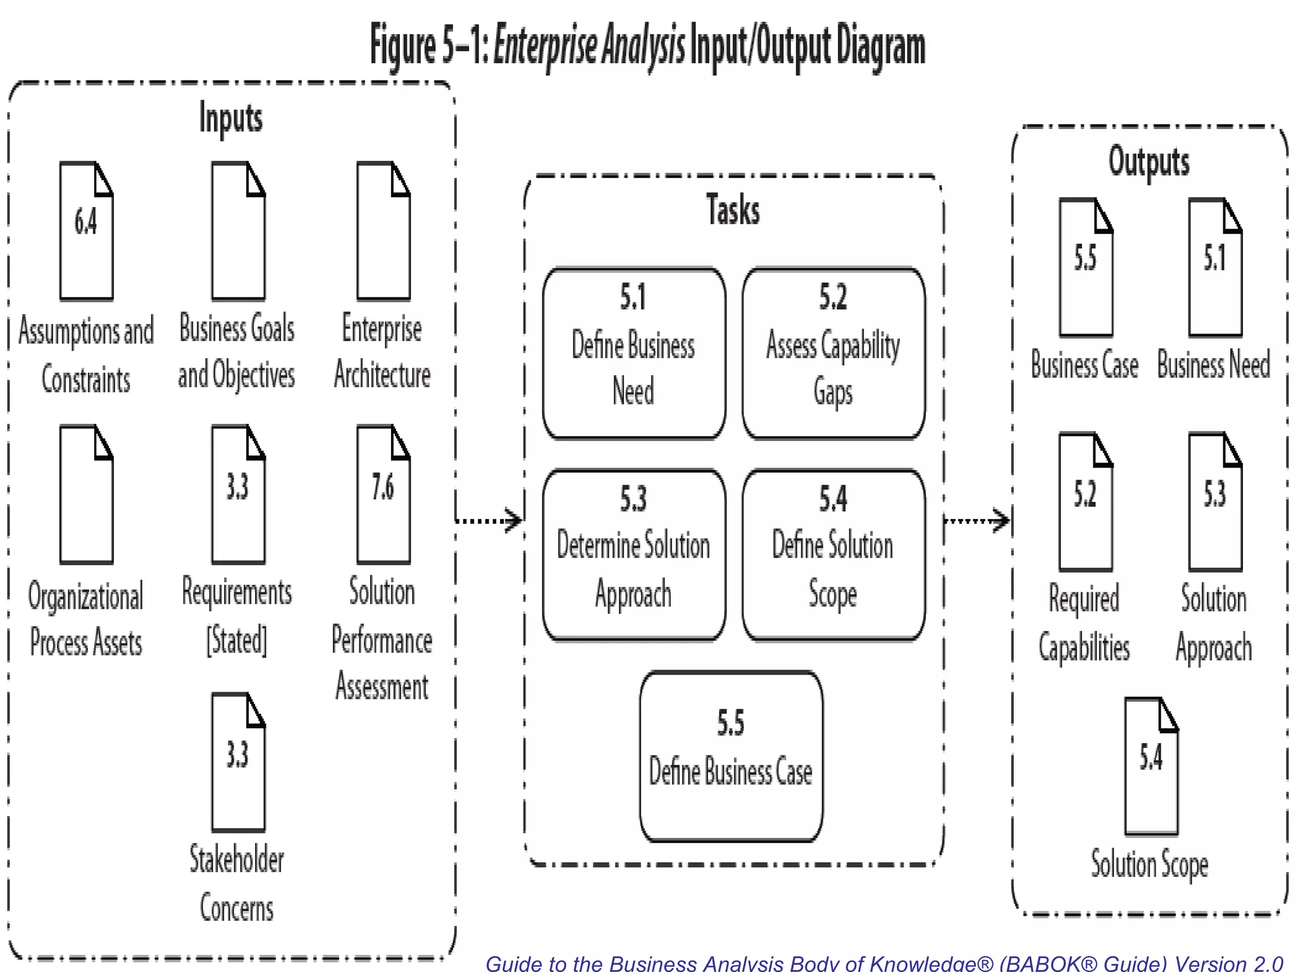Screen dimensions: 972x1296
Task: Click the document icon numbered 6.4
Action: (x=86, y=231)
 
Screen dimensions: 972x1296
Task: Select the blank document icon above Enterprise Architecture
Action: (x=383, y=231)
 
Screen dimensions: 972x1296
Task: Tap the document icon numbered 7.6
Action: (x=383, y=494)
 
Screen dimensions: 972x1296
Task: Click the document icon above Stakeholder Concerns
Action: (x=238, y=762)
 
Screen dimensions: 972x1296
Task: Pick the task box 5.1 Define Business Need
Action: (x=633, y=353)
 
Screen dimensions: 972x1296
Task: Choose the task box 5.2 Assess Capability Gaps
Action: (x=833, y=353)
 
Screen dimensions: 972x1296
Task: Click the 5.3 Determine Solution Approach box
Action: (x=633, y=555)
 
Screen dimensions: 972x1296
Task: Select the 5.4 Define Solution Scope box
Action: (x=833, y=555)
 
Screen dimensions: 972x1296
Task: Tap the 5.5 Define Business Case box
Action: (x=731, y=756)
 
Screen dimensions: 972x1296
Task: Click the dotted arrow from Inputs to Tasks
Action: (x=489, y=521)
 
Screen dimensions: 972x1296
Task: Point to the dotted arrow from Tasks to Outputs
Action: (x=977, y=521)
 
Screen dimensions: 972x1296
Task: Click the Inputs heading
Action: (x=231, y=118)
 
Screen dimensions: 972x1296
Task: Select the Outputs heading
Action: (x=1149, y=162)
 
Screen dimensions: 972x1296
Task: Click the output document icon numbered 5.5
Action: (x=1086, y=268)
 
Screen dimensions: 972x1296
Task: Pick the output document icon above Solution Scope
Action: (x=1151, y=766)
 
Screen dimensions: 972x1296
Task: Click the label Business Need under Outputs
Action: (x=1213, y=365)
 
